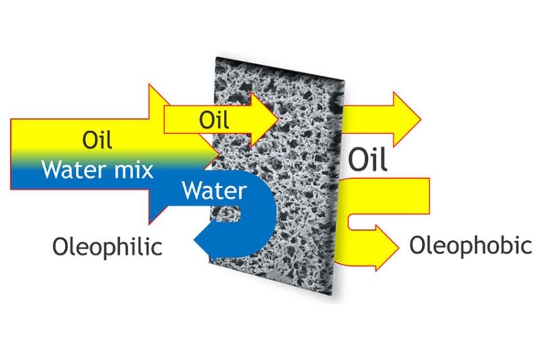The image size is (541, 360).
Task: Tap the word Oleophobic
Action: pyautogui.click(x=466, y=245)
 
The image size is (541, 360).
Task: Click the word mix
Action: pyautogui.click(x=139, y=168)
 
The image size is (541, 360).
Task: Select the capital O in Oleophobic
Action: pyautogui.click(x=417, y=245)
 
